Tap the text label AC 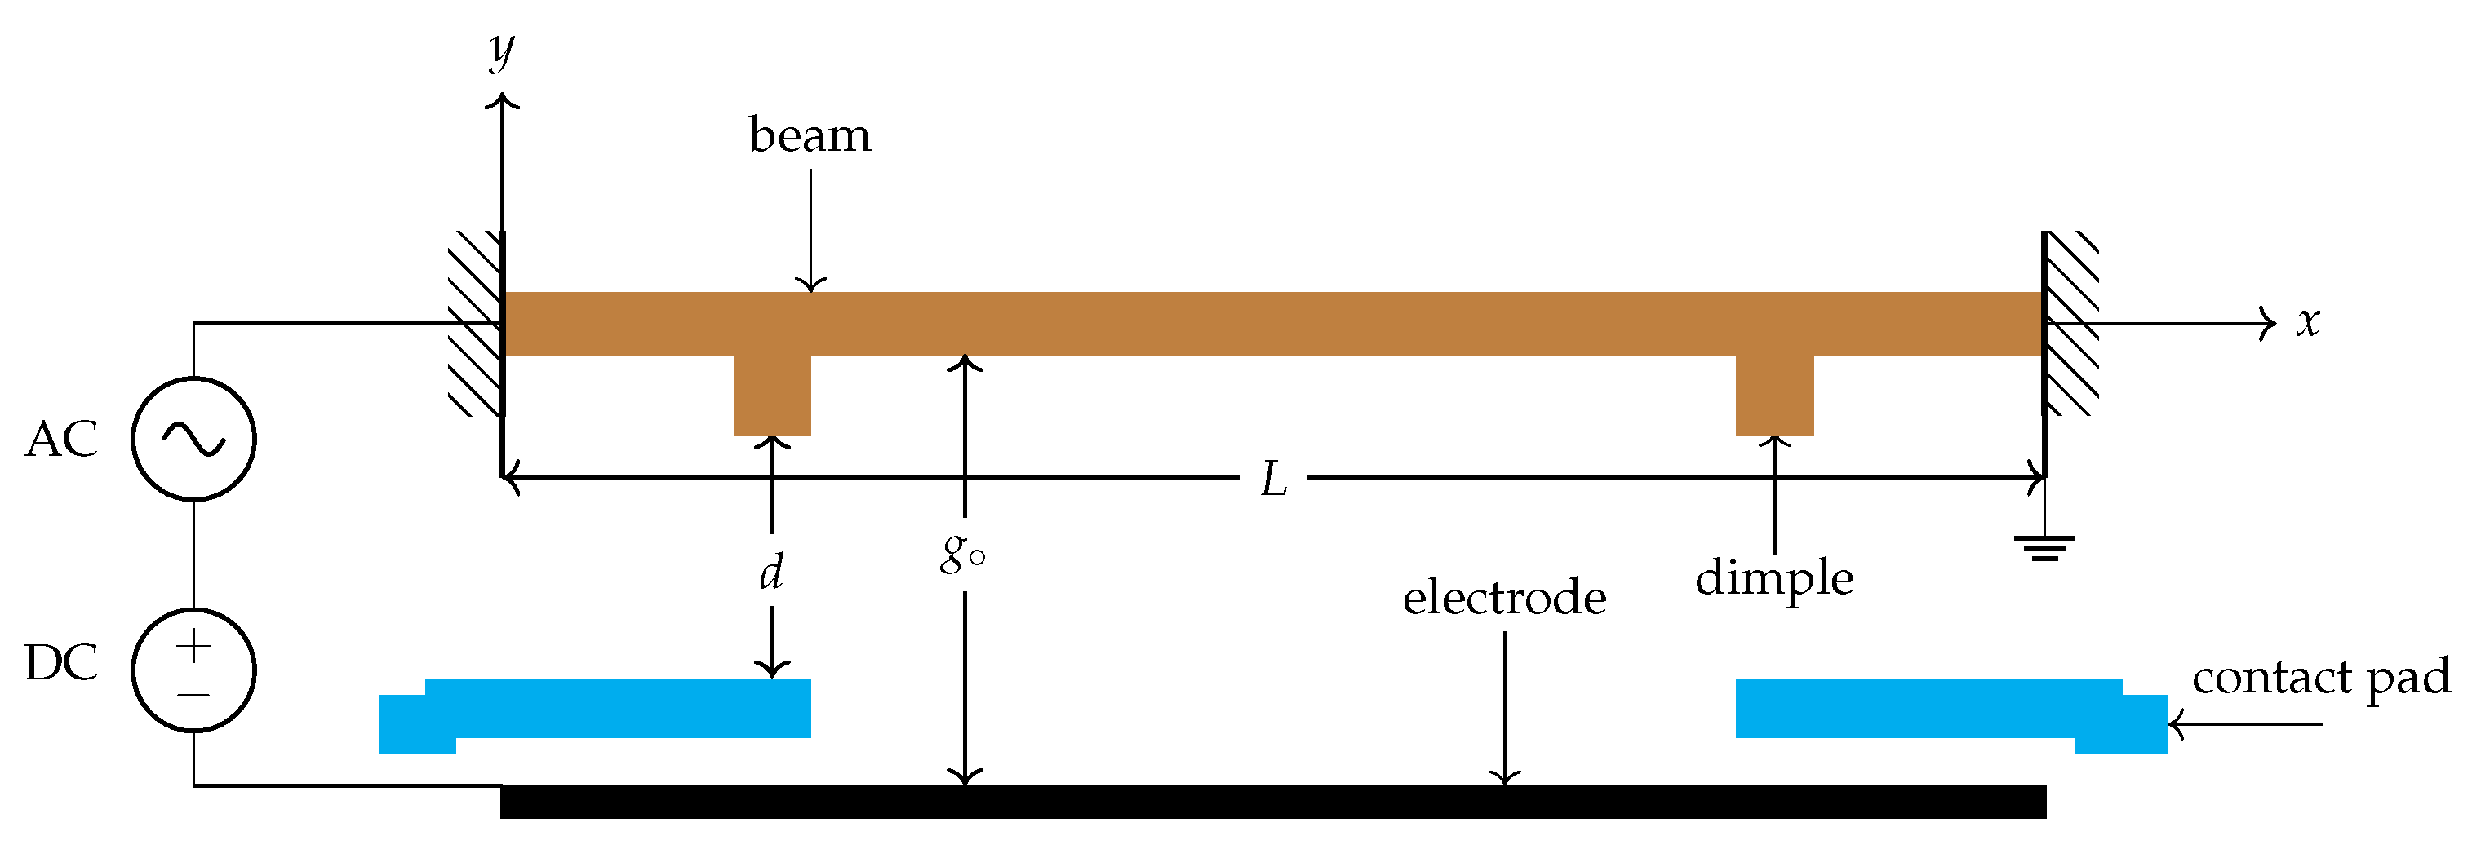pyautogui.click(x=61, y=440)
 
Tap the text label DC pyautogui.click(x=61, y=663)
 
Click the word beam pyautogui.click(x=810, y=136)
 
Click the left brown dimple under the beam pyautogui.click(x=773, y=396)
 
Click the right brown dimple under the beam pyautogui.click(x=1774, y=396)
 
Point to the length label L pyautogui.click(x=1272, y=479)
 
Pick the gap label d pyautogui.click(x=771, y=572)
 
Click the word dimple pyautogui.click(x=1774, y=579)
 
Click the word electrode pyautogui.click(x=1504, y=599)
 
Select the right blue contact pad pyautogui.click(x=1928, y=710)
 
